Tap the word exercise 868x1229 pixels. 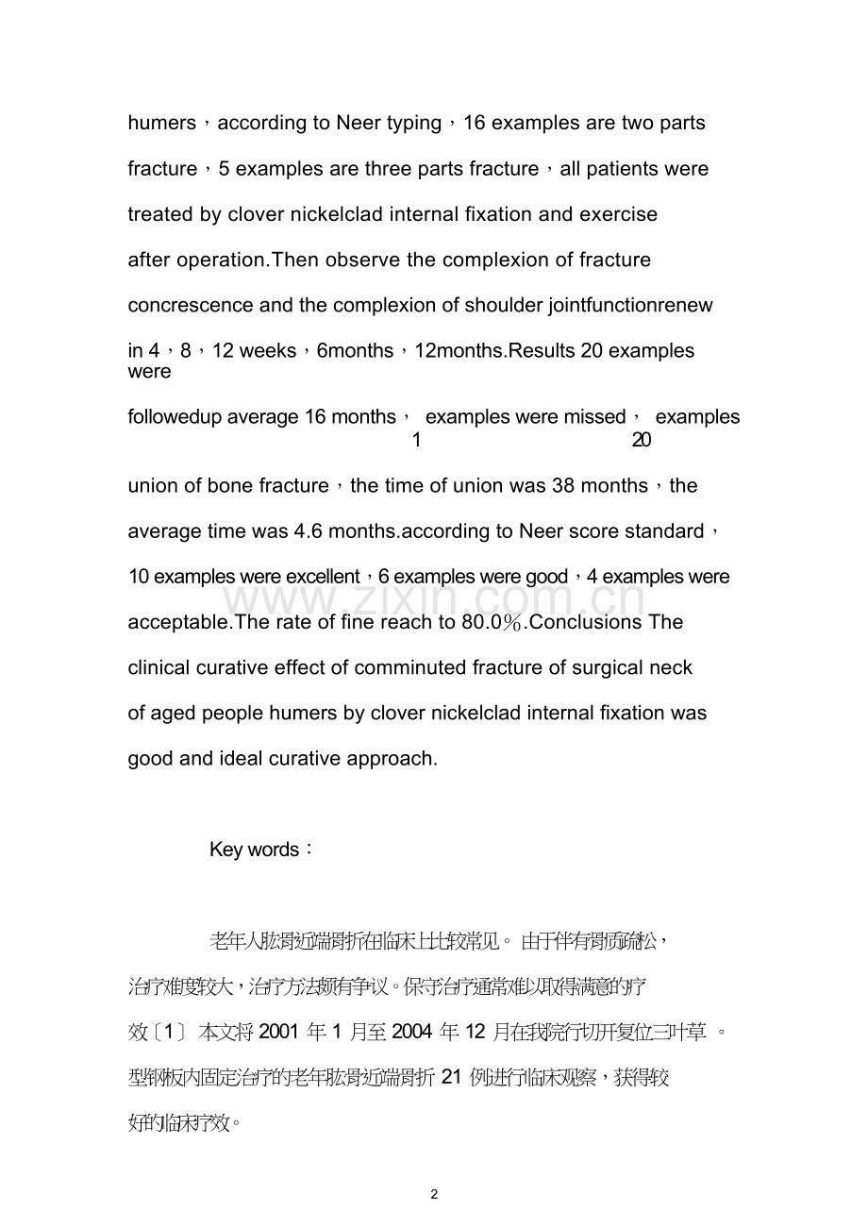pyautogui.click(x=618, y=214)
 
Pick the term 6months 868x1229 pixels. pyautogui.click(x=356, y=351)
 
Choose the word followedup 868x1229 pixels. pyautogui.click(x=174, y=417)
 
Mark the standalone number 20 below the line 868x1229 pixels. pyautogui.click(x=642, y=441)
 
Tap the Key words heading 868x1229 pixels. pyautogui.click(x=255, y=850)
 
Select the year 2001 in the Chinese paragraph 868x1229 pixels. pyautogui.click(x=279, y=1033)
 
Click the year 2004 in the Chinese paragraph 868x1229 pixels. pyautogui.click(x=412, y=1033)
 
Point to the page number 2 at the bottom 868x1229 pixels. pyautogui.click(x=434, y=1194)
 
